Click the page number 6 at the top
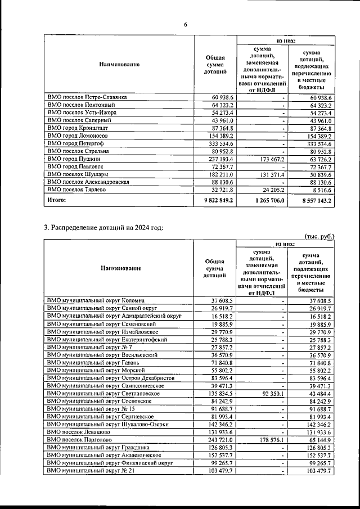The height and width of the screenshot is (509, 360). tap(184, 24)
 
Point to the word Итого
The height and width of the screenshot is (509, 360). tap(57, 199)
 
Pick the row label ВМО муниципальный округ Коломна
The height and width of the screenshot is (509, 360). tap(96, 301)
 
